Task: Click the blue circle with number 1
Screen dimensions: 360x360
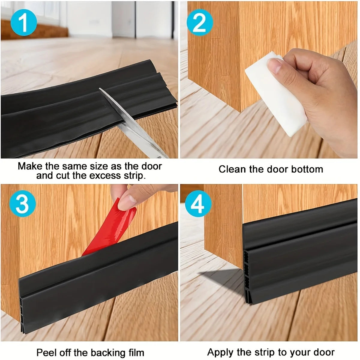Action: coord(23,23)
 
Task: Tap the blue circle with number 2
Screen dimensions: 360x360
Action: coord(199,23)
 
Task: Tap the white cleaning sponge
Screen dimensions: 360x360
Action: coord(276,93)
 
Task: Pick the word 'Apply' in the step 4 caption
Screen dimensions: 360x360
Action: coord(220,352)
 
